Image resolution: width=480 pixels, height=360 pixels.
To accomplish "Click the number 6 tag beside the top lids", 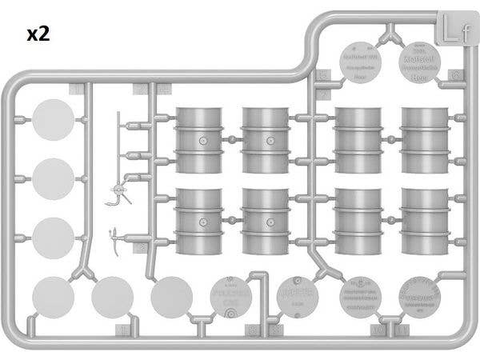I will (x=457, y=75).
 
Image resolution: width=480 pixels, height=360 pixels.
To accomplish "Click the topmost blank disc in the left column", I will (x=54, y=120).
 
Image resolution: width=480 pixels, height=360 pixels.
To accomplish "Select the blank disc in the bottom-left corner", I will (x=53, y=297).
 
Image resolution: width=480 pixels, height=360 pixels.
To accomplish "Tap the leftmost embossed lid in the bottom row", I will (x=231, y=298).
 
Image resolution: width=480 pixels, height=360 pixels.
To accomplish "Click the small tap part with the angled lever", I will (x=118, y=194).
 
